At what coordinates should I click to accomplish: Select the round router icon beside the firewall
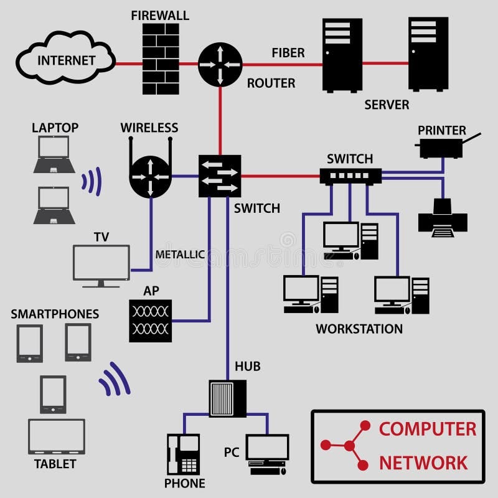[x=220, y=64]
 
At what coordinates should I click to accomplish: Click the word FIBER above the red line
[x=288, y=53]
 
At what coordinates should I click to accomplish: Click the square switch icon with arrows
[x=219, y=176]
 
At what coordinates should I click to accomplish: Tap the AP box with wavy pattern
[x=150, y=320]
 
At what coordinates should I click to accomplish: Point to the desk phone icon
[x=183, y=454]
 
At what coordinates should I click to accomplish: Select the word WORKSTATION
[x=359, y=329]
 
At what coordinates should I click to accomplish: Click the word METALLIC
[x=180, y=254]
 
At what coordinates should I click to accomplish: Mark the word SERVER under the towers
[x=387, y=105]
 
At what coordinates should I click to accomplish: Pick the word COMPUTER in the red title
[x=428, y=429]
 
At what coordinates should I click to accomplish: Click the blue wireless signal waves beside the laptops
[x=92, y=181]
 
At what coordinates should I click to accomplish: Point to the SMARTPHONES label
[x=55, y=314]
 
